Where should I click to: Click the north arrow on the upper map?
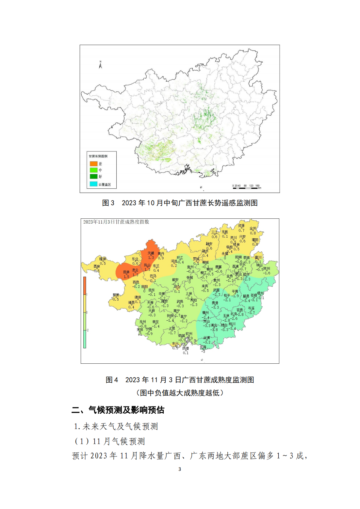pos(101,65)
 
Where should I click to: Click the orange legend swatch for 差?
pos(94,164)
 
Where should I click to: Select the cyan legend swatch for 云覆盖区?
pos(94,184)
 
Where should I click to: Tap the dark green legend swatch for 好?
pos(94,176)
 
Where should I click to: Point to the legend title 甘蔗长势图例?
pos(98,156)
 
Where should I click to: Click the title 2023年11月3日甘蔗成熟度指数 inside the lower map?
pos(116,222)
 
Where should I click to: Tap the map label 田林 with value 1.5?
pos(126,272)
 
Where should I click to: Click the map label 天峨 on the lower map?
pos(151,253)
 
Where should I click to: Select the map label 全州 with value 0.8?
pos(253,229)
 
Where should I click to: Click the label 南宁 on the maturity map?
pos(177,311)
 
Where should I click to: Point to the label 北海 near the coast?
pos(203,347)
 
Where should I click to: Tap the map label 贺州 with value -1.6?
pos(267,269)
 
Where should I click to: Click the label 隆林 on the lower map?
pos(103,259)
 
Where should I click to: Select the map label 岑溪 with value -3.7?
pos(251,308)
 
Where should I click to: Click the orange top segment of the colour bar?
pos(85,285)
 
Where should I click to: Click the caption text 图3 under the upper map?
pos(108,203)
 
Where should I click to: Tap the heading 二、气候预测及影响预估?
pos(118,410)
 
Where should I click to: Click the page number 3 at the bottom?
pos(180,469)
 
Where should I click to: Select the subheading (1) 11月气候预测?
pos(109,441)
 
